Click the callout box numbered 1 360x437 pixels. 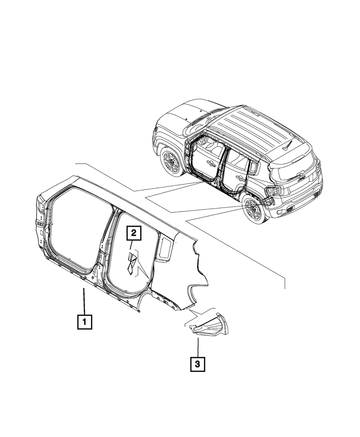coord(85,322)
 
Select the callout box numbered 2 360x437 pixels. coord(134,234)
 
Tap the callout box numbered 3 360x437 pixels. coord(198,364)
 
